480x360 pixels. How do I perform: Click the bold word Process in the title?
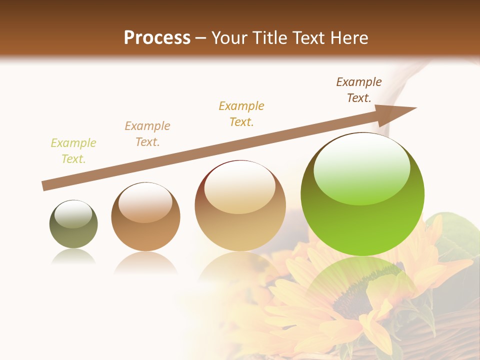[157, 38]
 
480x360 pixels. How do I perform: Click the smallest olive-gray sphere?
[73, 224]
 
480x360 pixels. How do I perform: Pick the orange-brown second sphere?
[145, 217]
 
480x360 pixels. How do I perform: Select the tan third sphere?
[240, 205]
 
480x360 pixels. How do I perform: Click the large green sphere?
[362, 195]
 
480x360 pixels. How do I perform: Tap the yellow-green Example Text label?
[73, 151]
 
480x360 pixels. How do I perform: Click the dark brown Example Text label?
[359, 90]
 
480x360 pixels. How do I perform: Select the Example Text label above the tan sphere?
[241, 114]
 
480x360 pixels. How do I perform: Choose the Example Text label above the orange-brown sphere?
[147, 134]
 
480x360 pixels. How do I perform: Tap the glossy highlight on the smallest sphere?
[73, 214]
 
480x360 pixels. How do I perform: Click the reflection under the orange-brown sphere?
[145, 262]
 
